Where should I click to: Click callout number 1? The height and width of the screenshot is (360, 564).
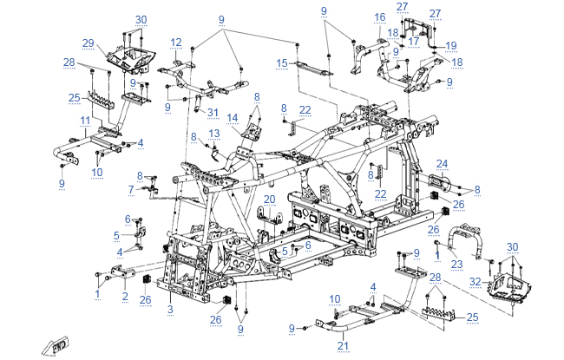coord(98,294)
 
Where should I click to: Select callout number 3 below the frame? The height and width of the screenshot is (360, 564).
coord(170,309)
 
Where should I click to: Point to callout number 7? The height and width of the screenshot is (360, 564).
coord(131,188)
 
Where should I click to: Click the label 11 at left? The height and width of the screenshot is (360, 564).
coord(85,120)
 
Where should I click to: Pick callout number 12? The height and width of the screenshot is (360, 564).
coord(176,42)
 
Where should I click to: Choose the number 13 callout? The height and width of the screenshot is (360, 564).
coord(214,133)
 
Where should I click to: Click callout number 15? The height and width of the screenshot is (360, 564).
coord(281,63)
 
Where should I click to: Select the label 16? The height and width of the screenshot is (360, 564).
coord(379,17)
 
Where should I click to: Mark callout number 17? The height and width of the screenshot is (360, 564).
coord(414,40)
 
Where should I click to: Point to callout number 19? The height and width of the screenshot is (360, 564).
coord(450,45)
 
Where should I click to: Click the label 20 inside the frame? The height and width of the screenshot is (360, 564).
coord(269,200)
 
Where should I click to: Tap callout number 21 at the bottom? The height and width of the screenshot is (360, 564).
coord(343,347)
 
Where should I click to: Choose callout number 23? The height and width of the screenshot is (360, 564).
coord(457,265)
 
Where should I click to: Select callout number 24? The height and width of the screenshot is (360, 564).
coord(442,163)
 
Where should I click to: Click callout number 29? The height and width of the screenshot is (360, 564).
coord(88,43)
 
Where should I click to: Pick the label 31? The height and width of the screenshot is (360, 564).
coord(213,111)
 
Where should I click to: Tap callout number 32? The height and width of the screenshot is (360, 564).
coord(475,282)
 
